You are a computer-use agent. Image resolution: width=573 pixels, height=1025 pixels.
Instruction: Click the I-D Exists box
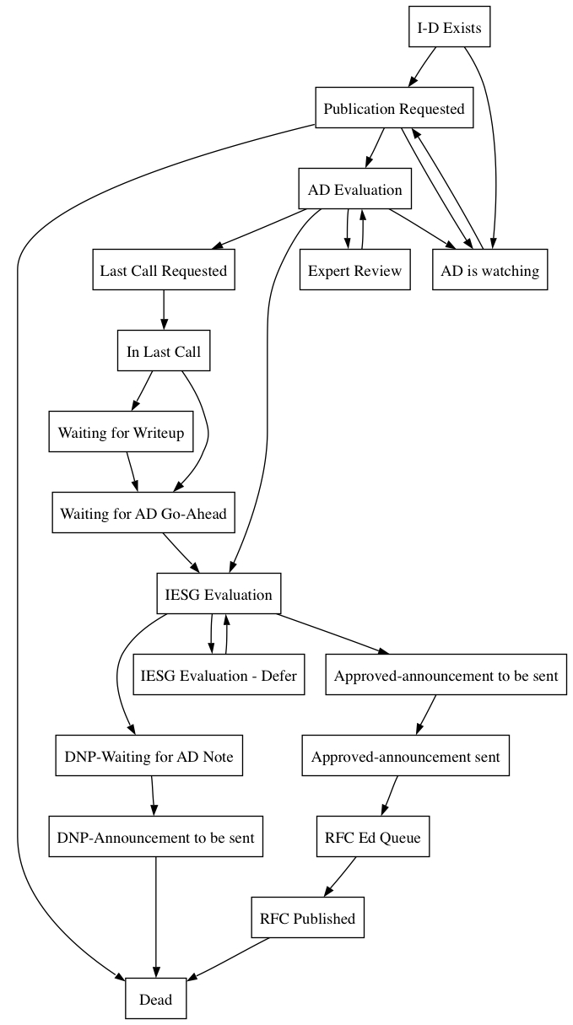[449, 26]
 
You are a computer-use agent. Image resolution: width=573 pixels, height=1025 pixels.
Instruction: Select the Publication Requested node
[394, 107]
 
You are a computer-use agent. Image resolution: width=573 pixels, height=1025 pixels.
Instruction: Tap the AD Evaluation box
[354, 188]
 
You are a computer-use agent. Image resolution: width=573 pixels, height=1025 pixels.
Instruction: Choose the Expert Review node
[354, 269]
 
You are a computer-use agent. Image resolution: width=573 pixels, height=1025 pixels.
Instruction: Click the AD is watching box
[489, 269]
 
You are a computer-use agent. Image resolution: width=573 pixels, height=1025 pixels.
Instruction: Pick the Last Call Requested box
[164, 269]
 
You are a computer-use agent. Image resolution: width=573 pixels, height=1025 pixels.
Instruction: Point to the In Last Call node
[164, 350]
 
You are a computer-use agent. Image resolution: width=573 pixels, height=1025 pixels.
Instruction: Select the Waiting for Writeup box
[121, 431]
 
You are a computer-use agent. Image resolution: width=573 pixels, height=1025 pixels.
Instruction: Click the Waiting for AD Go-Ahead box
[143, 513]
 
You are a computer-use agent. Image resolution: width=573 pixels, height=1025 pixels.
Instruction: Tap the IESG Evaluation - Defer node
[219, 675]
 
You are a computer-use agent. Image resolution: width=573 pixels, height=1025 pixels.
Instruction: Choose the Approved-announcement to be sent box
[446, 675]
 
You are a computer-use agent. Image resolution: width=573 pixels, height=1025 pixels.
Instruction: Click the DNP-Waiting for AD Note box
[149, 756]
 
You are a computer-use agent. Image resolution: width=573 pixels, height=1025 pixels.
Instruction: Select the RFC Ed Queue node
[372, 837]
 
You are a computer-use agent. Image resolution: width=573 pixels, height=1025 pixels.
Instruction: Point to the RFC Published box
[307, 918]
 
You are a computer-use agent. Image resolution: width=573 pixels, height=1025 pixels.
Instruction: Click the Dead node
[155, 999]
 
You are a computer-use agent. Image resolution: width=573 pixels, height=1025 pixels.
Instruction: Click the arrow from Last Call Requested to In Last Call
[164, 310]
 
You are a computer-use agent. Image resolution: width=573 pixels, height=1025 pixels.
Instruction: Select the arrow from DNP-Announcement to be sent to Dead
[156, 917]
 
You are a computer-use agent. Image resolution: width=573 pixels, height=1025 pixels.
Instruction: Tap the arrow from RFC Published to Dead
[228, 958]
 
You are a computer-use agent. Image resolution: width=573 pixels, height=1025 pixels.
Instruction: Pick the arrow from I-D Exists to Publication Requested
[422, 67]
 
